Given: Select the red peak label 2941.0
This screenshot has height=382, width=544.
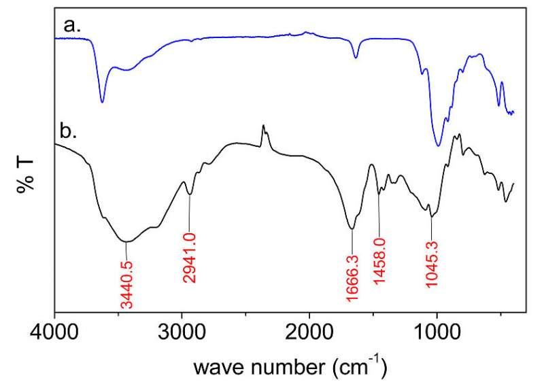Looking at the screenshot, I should point(190,266).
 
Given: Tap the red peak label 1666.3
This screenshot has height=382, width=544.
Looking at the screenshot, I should point(352,271).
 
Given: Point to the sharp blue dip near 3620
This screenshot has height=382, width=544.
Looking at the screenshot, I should point(102,102).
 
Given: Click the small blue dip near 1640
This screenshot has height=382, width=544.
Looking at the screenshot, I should point(356,58).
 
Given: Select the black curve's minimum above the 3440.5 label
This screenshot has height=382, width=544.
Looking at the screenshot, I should point(126,241).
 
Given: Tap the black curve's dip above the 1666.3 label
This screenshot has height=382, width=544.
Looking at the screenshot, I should point(352,229).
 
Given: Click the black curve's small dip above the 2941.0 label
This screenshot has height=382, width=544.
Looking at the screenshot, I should point(190,194).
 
